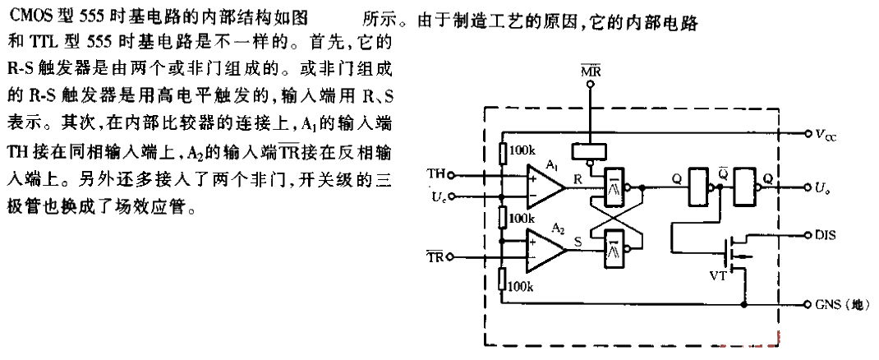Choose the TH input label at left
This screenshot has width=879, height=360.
tap(436, 173)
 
